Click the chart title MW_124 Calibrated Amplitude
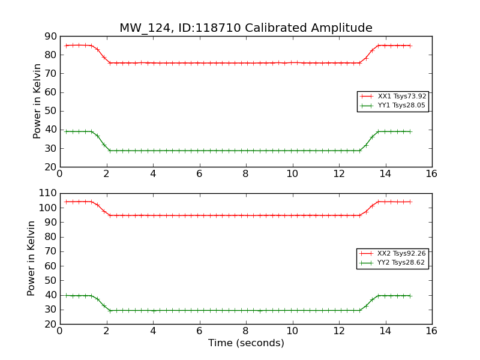click(x=246, y=28)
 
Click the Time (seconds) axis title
click(x=246, y=343)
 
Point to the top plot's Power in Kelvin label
click(x=37, y=101)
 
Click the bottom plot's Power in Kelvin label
click(x=31, y=258)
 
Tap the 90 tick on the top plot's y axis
click(x=50, y=37)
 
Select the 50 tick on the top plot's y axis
click(x=50, y=111)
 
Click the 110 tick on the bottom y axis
click(x=47, y=193)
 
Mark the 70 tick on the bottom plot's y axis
click(x=50, y=251)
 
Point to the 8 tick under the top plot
click(x=245, y=174)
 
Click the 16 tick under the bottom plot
click(x=431, y=331)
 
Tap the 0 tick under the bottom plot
click(x=59, y=331)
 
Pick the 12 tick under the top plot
click(x=338, y=174)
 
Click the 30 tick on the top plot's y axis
click(x=50, y=148)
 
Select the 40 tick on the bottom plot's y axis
click(x=50, y=295)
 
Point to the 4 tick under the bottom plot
click(x=152, y=331)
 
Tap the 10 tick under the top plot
click(x=292, y=174)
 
